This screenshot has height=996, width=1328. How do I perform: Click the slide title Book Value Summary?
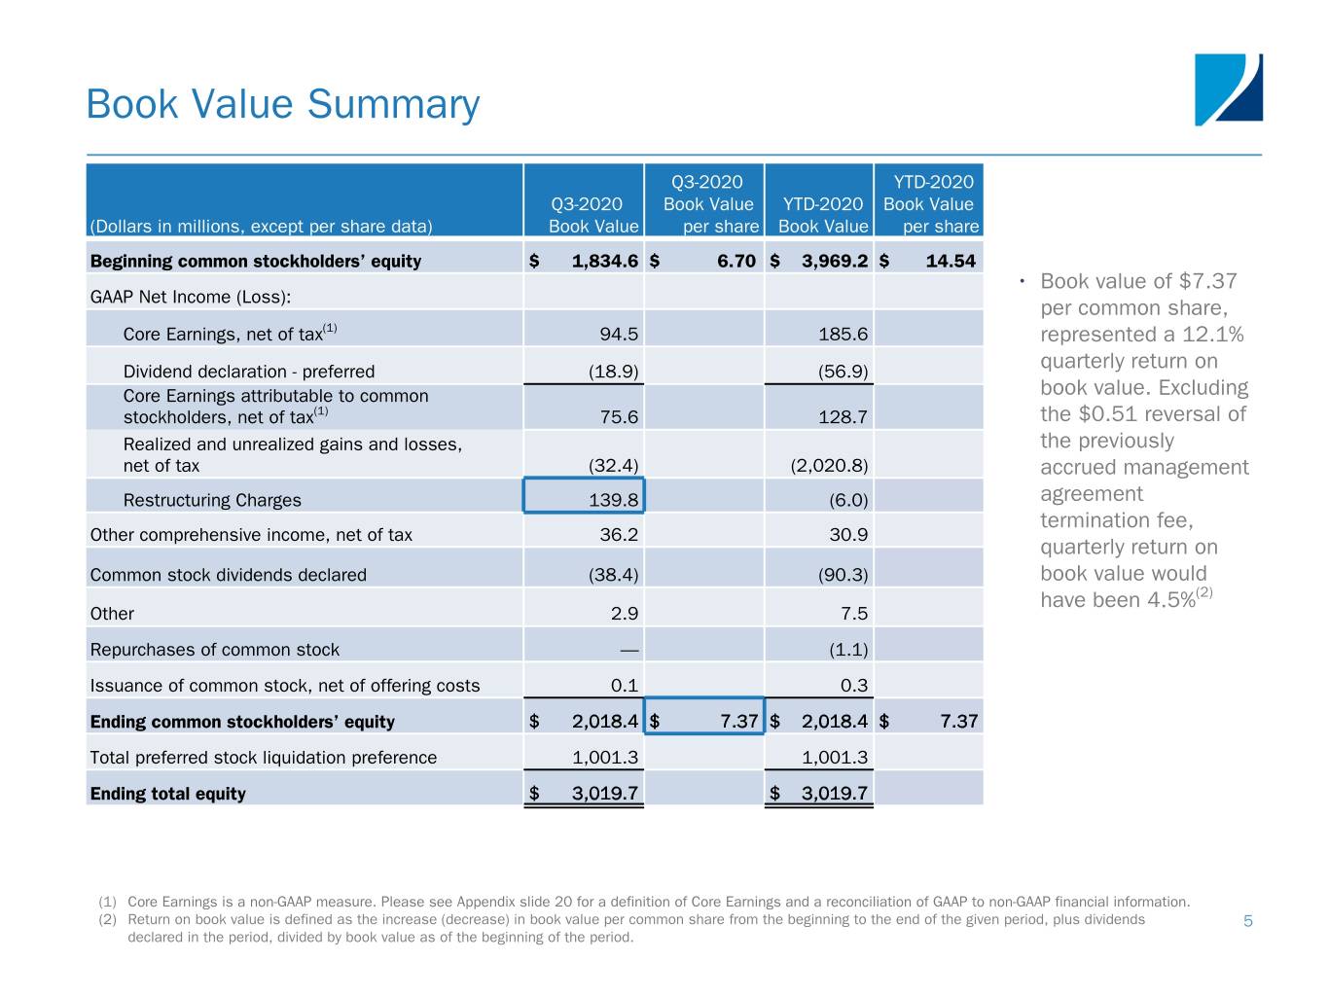point(282,104)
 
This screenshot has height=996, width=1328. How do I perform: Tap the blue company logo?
point(1228,89)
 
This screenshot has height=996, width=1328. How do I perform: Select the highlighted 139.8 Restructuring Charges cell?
point(584,495)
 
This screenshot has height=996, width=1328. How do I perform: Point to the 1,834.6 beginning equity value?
point(604,261)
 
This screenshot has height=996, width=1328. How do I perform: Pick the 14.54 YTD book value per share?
point(950,261)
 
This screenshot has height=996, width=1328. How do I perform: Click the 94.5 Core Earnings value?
point(619,335)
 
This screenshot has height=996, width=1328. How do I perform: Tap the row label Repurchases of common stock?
point(214,650)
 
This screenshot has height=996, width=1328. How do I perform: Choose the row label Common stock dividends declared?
point(228,575)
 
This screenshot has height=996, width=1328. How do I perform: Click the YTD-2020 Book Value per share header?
point(929,204)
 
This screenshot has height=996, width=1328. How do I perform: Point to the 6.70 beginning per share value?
point(736,261)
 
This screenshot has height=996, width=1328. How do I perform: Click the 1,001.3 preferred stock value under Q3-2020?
point(604,758)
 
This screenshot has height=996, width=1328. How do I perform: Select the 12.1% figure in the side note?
point(1212,335)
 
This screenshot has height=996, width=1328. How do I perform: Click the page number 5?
point(1247,921)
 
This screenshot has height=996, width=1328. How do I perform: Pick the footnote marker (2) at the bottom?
point(107,919)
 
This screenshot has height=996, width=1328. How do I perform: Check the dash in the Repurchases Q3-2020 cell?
point(628,650)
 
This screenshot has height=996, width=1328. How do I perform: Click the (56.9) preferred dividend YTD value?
point(843,372)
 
